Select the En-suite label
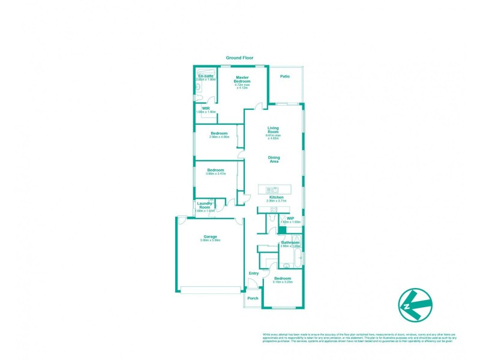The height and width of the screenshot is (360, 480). tap(206, 76)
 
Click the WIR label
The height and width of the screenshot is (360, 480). tap(206, 108)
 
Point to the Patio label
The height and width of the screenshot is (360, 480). tap(285, 76)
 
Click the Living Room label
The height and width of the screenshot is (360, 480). tap(274, 130)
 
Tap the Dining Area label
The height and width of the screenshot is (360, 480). tap(274, 159)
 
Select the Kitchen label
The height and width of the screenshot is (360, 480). tap(276, 197)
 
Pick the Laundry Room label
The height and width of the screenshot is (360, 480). tap(205, 205)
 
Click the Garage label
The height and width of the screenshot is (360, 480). tap(210, 236)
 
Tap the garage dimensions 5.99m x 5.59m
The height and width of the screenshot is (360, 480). tap(210, 241)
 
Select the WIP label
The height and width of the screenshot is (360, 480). tap(290, 218)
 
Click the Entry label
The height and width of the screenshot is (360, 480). tap(254, 274)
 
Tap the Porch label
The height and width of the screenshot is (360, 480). tap(253, 298)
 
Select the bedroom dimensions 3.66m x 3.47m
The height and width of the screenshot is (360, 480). tap(215, 174)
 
